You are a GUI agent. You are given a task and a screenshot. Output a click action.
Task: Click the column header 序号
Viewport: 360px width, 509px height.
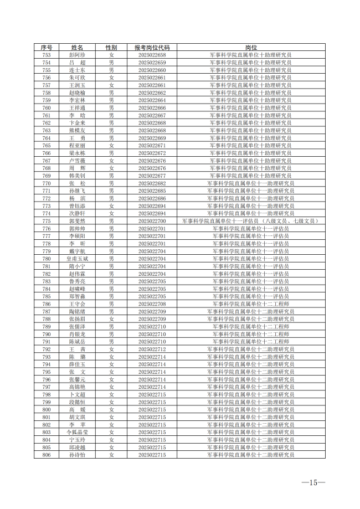pyautogui.click(x=47, y=48)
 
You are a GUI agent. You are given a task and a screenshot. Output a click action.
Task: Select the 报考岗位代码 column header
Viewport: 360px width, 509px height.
pyautogui.click(x=152, y=48)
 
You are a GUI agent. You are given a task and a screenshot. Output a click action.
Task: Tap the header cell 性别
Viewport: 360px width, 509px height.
pyautogui.click(x=111, y=48)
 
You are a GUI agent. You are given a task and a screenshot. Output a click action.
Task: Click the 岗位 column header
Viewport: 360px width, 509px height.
pyautogui.click(x=251, y=48)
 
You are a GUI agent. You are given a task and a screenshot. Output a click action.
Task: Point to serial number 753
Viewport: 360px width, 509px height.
pyautogui.click(x=47, y=55)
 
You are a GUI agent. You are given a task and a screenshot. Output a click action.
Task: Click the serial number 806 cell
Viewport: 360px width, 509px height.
pyautogui.click(x=47, y=455)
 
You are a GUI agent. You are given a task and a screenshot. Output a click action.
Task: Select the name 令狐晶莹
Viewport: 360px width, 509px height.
pyautogui.click(x=77, y=432)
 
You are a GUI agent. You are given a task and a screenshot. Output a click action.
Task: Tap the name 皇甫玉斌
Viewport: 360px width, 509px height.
pyautogui.click(x=77, y=259)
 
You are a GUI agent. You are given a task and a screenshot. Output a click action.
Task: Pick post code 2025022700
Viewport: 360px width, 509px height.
pyautogui.click(x=152, y=221)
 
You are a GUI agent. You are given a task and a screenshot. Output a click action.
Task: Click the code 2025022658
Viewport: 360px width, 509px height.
pyautogui.click(x=152, y=55)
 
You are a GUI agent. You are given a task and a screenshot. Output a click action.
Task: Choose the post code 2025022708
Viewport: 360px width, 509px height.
pyautogui.click(x=152, y=304)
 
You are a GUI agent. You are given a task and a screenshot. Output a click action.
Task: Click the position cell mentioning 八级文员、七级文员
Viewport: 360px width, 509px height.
pyautogui.click(x=251, y=221)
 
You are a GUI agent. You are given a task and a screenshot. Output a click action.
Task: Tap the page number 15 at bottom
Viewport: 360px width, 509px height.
pyautogui.click(x=313, y=483)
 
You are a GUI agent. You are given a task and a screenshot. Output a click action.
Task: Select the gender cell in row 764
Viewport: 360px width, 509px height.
pyautogui.click(x=111, y=138)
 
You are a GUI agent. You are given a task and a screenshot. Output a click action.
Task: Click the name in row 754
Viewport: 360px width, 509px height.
pyautogui.click(x=77, y=63)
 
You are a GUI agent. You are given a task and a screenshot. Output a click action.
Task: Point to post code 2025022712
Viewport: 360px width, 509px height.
pyautogui.click(x=152, y=349)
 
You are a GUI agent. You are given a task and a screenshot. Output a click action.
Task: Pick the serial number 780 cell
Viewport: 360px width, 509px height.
pyautogui.click(x=47, y=259)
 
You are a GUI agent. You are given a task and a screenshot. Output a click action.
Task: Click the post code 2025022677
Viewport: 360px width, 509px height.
pyautogui.click(x=152, y=176)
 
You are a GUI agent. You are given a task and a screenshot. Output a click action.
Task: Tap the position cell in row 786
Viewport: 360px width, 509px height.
pyautogui.click(x=251, y=304)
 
